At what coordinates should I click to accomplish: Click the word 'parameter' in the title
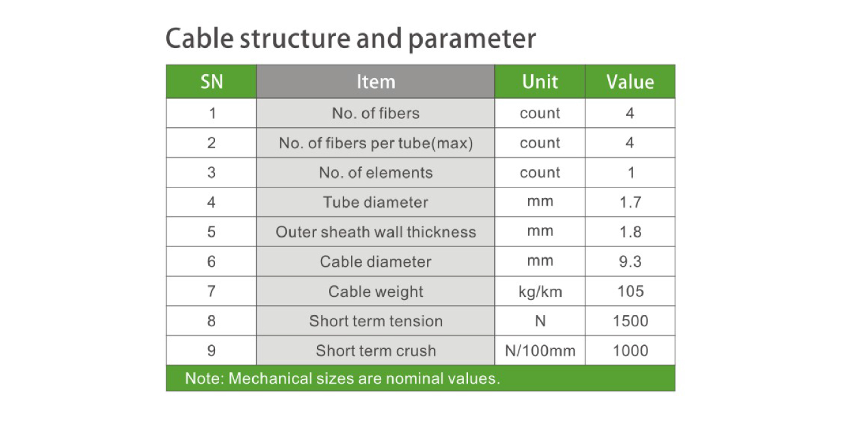coord(472,39)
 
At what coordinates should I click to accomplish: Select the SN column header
coord(212,82)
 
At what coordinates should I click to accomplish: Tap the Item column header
coord(376,82)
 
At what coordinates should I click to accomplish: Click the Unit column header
coord(540,82)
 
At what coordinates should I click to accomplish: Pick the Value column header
coord(630,82)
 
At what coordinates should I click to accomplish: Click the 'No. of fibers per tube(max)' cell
coord(376,143)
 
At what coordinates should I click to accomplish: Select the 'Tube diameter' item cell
coord(376,202)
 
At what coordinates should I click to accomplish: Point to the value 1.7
coord(630,202)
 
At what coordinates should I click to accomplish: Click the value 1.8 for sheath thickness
coord(630,232)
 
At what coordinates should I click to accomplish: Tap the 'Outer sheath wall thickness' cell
coord(376,232)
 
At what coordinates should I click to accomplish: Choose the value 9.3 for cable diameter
coord(630,262)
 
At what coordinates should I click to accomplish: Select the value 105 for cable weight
coord(630,291)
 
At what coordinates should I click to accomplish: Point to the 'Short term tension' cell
coord(376,321)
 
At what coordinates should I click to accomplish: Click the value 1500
coord(631,321)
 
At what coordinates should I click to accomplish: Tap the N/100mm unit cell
coord(540,351)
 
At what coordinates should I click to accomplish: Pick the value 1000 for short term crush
coord(631,351)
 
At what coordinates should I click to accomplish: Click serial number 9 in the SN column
coord(212,351)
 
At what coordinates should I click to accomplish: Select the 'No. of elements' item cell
coord(376,173)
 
